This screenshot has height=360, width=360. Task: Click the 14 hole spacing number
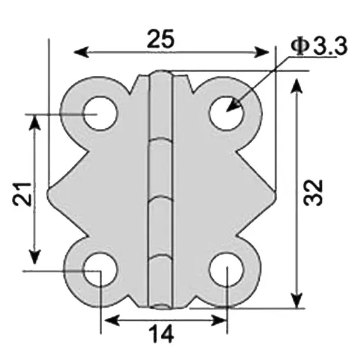click(x=164, y=334)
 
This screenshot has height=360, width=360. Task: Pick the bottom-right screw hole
click(x=226, y=271)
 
